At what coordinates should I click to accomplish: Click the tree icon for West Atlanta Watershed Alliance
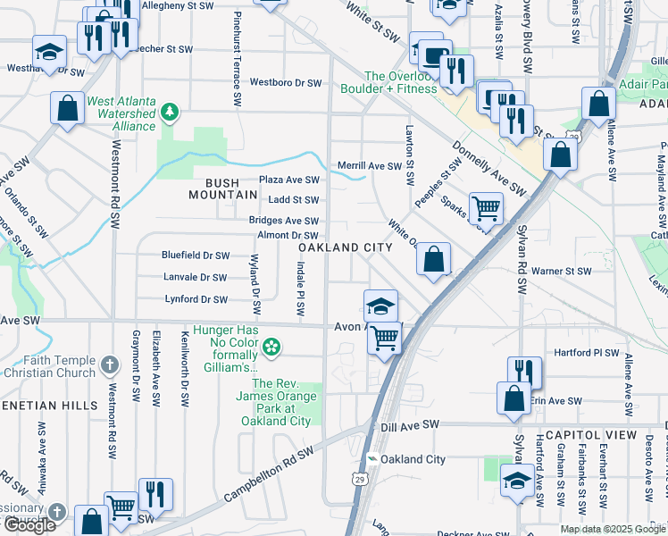169,112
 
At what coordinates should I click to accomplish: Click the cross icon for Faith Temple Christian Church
109,364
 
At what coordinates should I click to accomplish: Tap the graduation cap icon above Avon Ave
380,306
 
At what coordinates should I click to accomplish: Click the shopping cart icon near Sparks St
486,208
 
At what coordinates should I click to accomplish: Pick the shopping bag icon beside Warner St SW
433,260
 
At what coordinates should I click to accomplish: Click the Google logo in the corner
29,525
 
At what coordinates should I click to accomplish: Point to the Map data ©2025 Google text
613,529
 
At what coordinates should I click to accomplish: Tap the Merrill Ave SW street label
370,166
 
